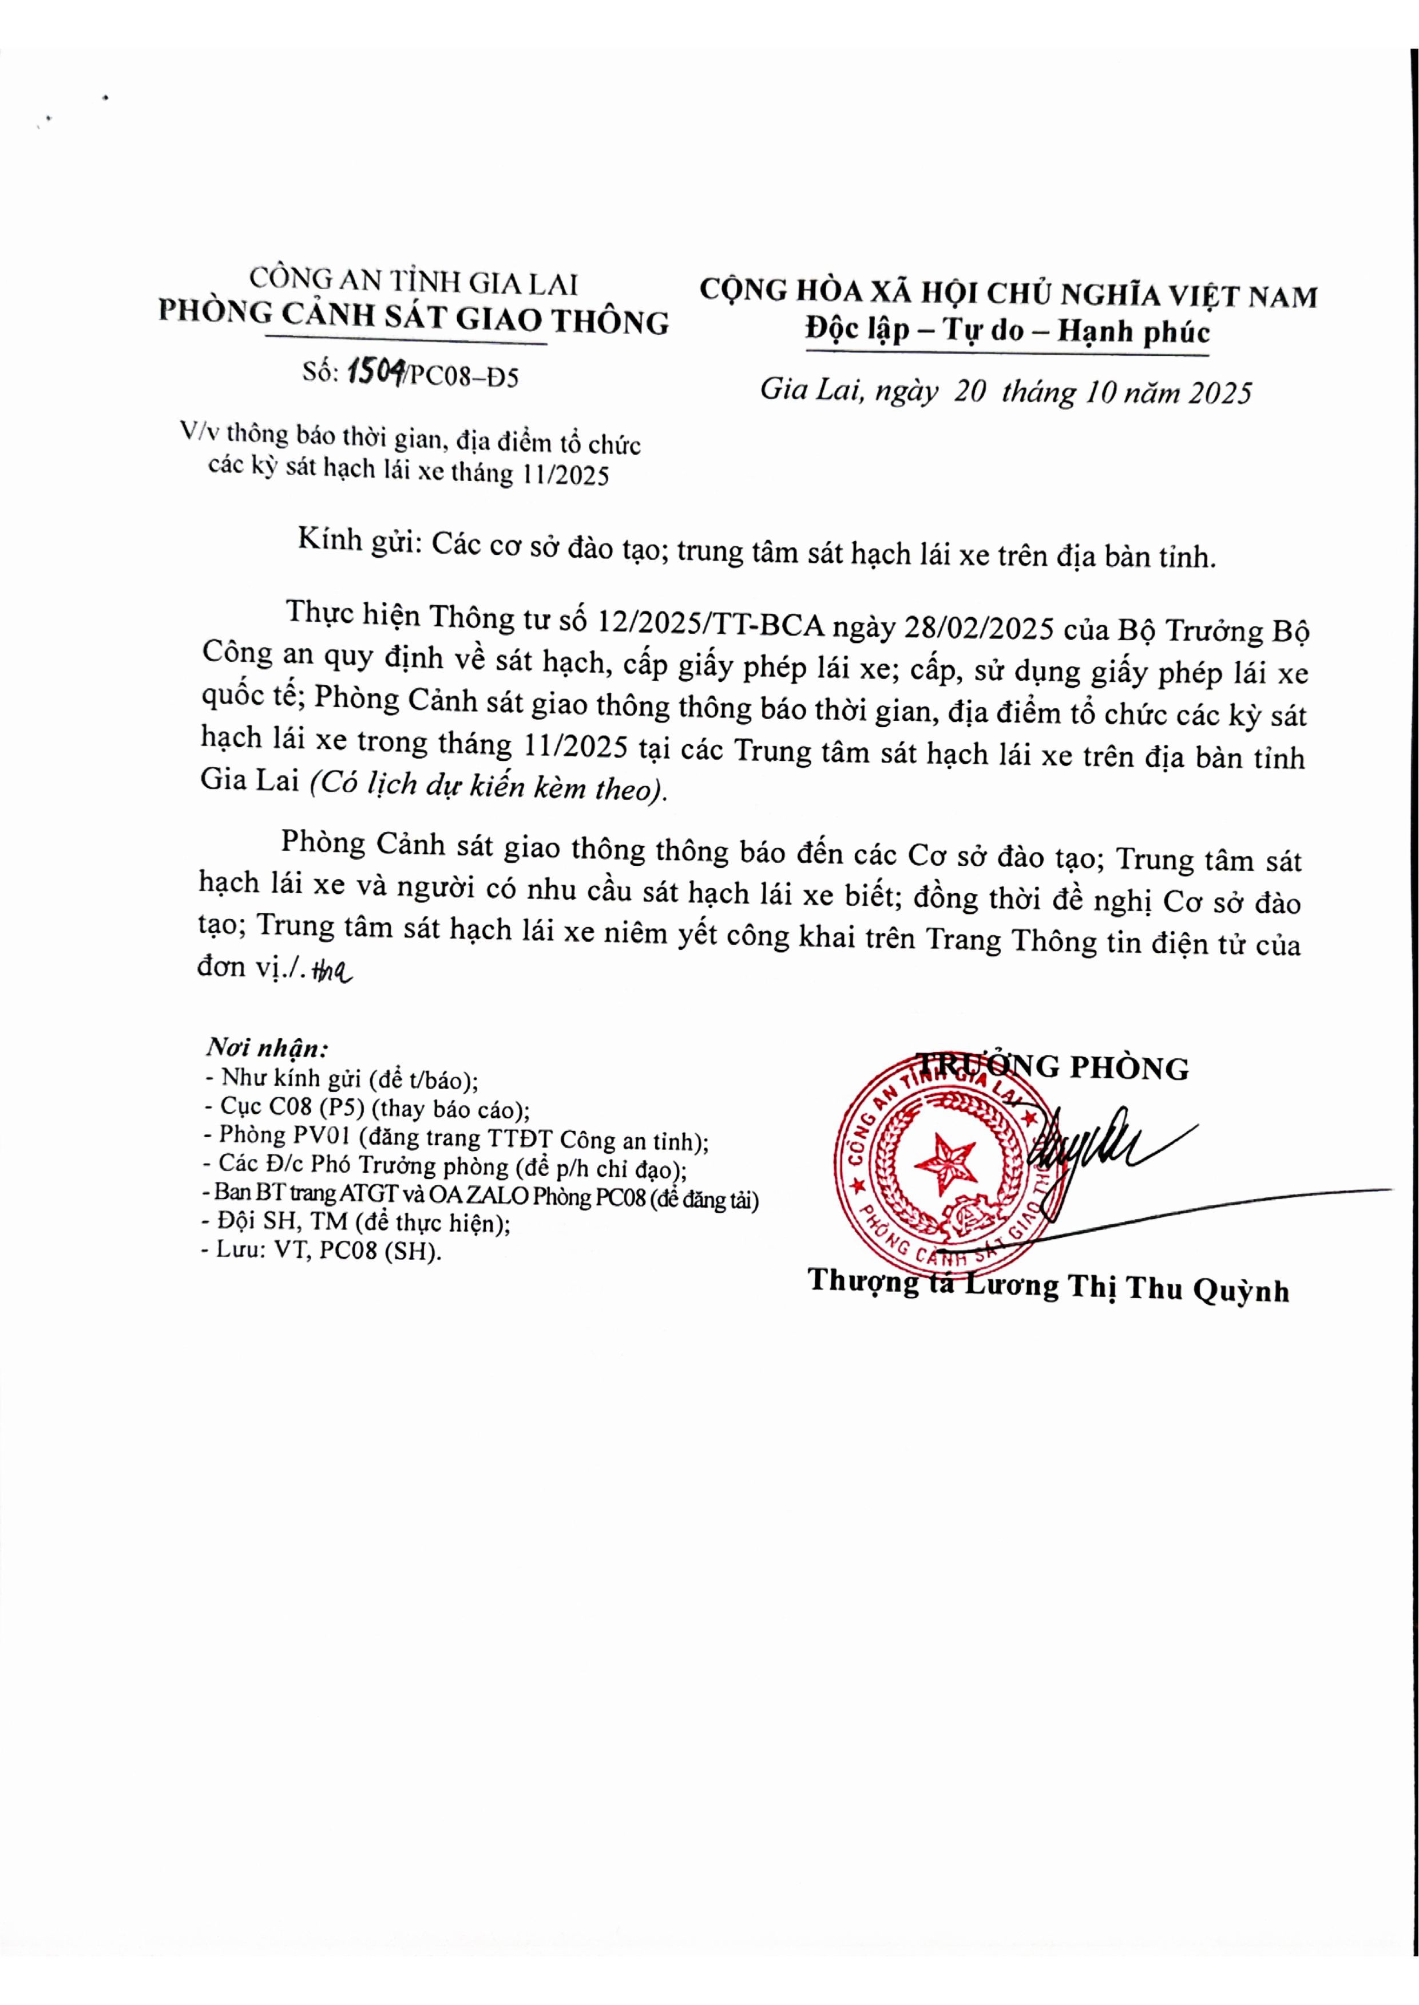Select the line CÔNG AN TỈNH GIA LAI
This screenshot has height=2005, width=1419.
point(413,281)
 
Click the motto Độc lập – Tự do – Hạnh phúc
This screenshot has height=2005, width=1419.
point(1008,332)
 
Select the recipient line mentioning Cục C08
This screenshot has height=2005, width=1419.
point(367,1108)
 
